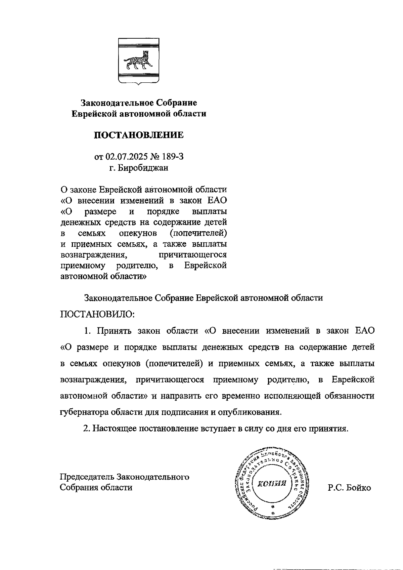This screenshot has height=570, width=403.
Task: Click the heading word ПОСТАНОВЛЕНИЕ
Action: (139, 135)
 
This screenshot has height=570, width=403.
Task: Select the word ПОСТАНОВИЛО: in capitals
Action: (97, 315)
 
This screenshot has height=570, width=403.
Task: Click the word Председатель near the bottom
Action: (87, 477)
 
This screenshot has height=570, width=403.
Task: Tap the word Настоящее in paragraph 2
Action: (114, 429)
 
